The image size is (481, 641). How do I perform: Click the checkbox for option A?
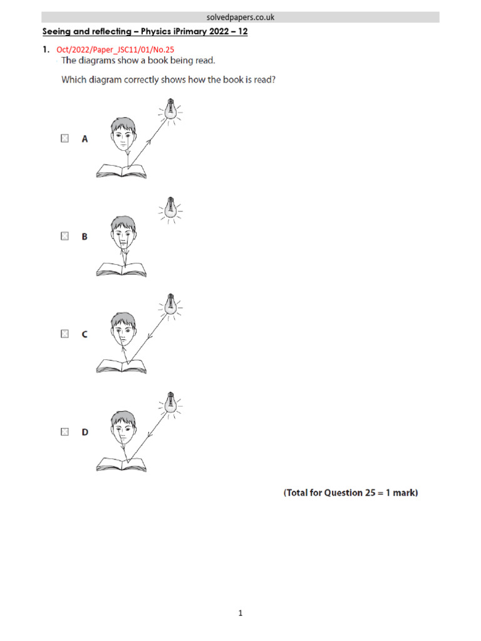coord(65,139)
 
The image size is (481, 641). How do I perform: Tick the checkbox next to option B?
coord(65,237)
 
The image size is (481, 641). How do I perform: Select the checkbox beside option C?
coord(65,334)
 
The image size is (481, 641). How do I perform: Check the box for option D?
coord(65,432)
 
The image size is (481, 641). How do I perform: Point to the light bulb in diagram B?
coord(169,209)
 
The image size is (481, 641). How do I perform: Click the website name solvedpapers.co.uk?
coord(240,18)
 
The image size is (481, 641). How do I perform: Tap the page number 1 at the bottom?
coord(240,613)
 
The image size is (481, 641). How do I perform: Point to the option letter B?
coord(85,237)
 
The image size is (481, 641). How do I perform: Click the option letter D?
coord(85,432)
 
